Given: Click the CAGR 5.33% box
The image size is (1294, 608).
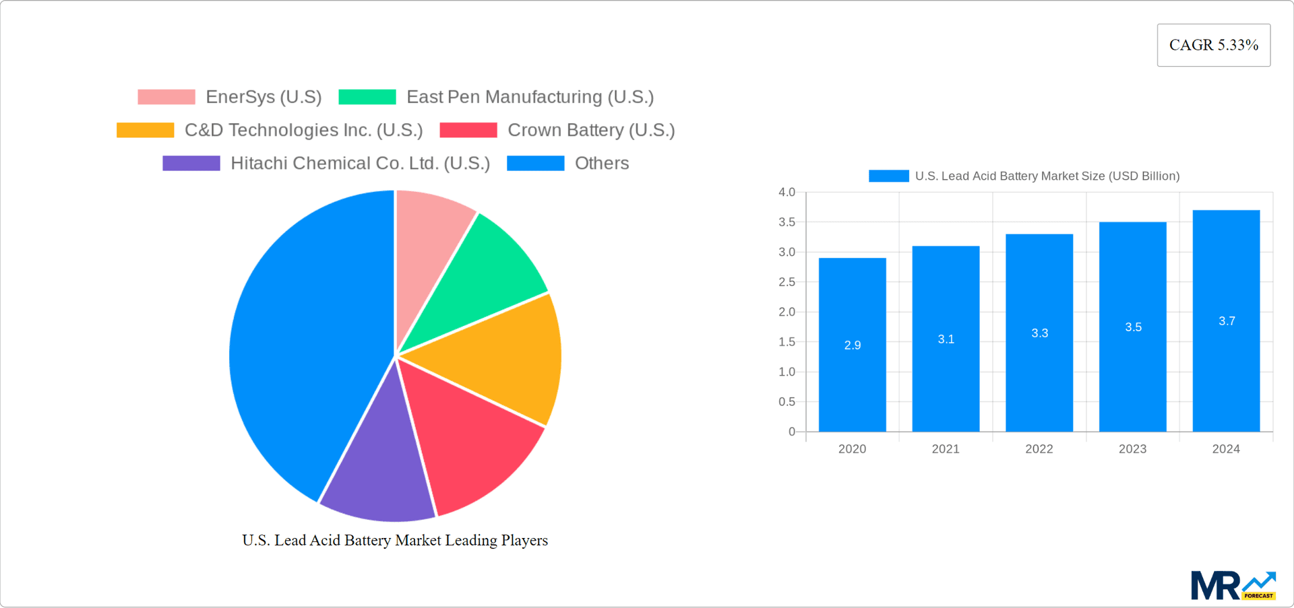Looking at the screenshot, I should (x=1213, y=45).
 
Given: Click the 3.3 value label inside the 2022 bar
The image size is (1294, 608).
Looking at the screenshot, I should (x=1039, y=333).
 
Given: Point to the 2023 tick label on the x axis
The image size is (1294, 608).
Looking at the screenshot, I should (x=1132, y=449).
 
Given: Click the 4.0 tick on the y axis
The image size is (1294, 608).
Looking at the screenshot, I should (x=787, y=193).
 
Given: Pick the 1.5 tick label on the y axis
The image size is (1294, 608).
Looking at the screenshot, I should (x=787, y=342).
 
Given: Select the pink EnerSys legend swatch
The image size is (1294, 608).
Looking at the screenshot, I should (x=166, y=97).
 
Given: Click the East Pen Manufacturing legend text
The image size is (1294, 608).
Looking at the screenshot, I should (x=530, y=97).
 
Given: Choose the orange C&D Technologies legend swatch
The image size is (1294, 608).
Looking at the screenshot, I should (x=145, y=130).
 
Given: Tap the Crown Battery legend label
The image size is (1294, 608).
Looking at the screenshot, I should (x=590, y=130).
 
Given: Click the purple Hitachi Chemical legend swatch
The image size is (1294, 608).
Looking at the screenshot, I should (x=191, y=164).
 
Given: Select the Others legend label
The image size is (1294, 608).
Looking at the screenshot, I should (x=601, y=164).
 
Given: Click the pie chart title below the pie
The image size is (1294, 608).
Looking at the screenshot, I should (x=395, y=541).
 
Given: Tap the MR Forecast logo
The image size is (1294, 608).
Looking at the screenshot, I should (x=1233, y=586).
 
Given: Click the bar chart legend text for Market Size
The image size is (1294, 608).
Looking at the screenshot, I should (x=1047, y=176).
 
